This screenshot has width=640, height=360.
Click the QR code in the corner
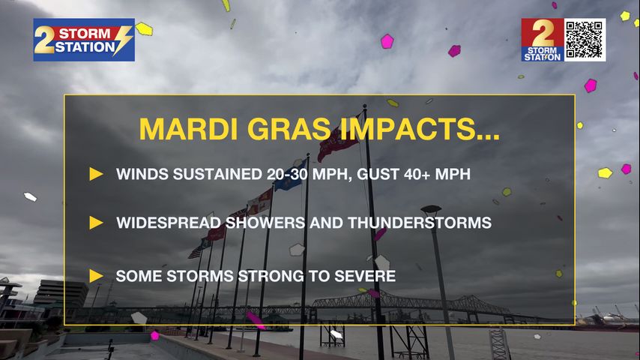click(585, 40)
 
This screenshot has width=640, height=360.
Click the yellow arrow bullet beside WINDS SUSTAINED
click(96, 174)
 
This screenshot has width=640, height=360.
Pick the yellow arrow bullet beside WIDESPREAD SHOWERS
click(96, 223)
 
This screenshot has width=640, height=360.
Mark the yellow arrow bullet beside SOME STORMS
click(96, 275)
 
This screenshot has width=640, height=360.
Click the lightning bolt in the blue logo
click(123, 40)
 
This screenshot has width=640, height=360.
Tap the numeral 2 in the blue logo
click(45, 40)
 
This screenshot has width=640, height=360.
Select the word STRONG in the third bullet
click(266, 275)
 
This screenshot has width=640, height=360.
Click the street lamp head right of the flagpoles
click(430, 211)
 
